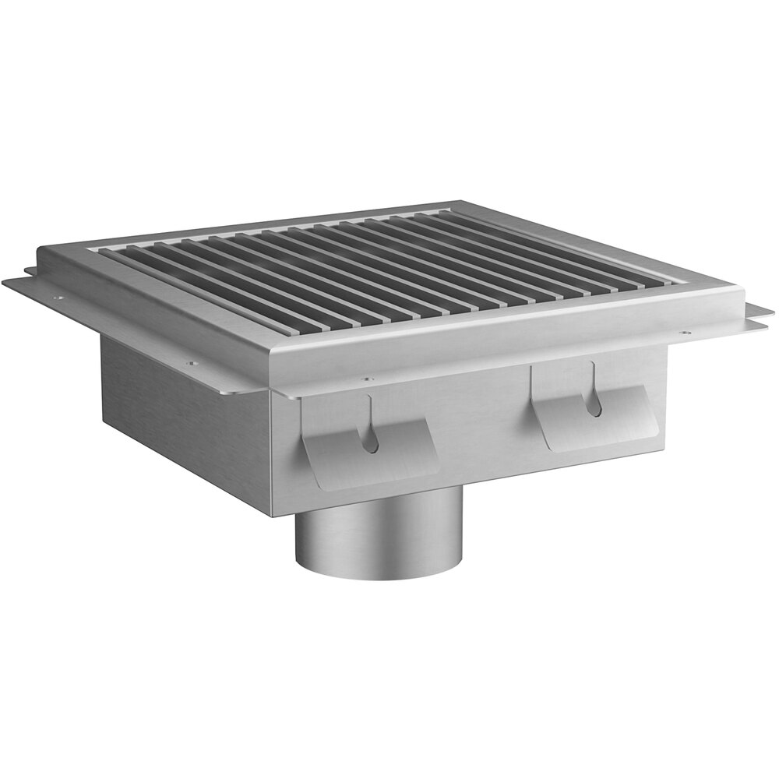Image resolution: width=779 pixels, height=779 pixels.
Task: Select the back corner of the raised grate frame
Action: (460, 205)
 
